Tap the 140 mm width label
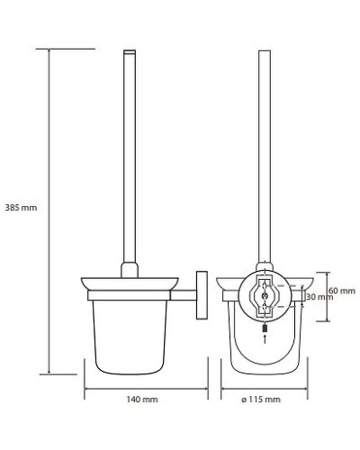(x=142, y=398)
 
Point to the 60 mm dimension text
(x=341, y=291)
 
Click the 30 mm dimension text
(x=319, y=297)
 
